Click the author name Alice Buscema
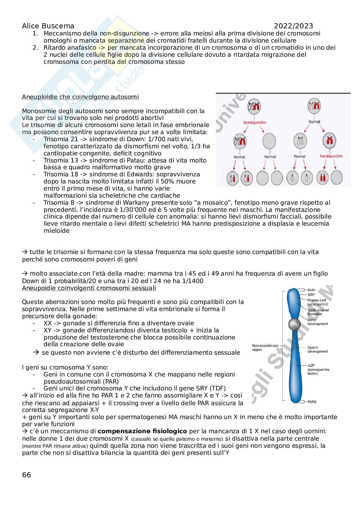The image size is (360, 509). pyautogui.click(x=48, y=26)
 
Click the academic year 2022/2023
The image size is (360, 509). pyautogui.click(x=294, y=26)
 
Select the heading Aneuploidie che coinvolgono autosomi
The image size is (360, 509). pyautogui.click(x=80, y=97)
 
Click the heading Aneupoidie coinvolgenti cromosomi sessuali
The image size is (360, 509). pyautogui.click(x=89, y=288)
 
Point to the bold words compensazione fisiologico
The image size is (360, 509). pyautogui.click(x=142, y=431)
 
